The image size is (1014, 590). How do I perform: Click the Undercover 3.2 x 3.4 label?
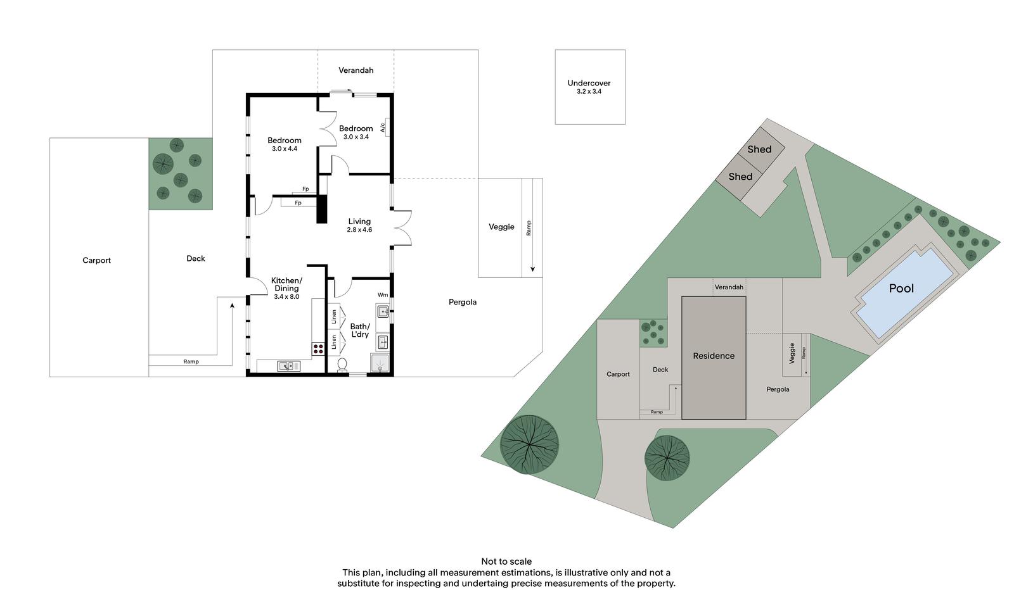pos(589,87)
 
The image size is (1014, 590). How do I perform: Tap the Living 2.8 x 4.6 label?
pos(359,225)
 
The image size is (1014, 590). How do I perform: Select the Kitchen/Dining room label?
pos(286,288)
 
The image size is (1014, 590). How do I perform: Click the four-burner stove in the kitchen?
pos(318,349)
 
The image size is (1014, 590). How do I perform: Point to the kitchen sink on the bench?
pos(288,366)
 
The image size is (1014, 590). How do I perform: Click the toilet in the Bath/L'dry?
pos(342,365)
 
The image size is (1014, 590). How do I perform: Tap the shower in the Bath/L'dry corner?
pos(380,363)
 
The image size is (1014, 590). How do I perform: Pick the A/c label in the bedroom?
pos(383,128)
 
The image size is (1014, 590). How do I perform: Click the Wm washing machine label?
pos(383,295)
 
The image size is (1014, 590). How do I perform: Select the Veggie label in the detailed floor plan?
pos(501,227)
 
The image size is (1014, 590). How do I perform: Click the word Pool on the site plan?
pos(901,289)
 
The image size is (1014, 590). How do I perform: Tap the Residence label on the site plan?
pos(714,356)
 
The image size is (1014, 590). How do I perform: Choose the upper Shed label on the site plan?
pos(759,149)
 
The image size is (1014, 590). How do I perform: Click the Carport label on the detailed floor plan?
pos(96,260)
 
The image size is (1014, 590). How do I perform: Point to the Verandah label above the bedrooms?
pos(356,70)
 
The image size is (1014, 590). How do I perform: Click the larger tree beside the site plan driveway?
pos(529,444)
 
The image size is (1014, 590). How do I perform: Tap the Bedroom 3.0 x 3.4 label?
pos(356,132)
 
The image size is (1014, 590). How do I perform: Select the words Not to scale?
pos(506,562)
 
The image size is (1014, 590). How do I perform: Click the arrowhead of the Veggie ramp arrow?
pos(532,270)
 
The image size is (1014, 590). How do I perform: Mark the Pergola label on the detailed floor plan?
pos(462,302)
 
